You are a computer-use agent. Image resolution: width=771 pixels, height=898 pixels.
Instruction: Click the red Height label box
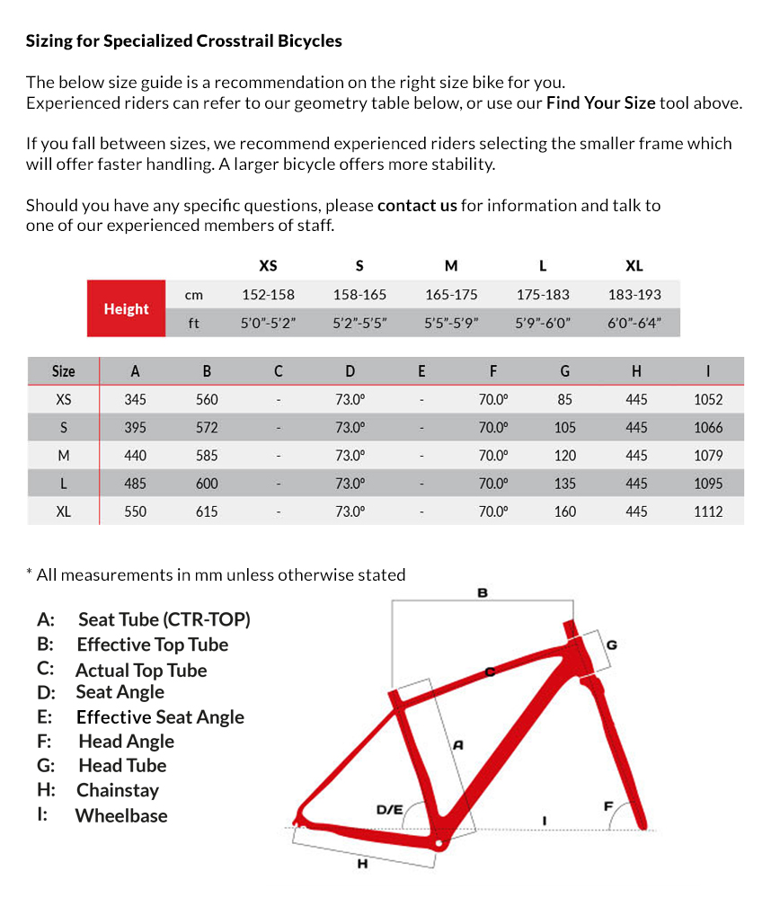coord(126,308)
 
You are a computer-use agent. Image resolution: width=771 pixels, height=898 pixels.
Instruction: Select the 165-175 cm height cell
coord(451,294)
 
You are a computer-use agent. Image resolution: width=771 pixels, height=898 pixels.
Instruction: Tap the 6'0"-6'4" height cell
coord(634,323)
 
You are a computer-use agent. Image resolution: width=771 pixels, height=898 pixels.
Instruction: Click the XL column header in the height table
coord(634,265)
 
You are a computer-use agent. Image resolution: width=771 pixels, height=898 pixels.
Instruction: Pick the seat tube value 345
coord(135,399)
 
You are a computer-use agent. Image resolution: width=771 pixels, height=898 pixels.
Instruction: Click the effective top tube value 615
coord(207,511)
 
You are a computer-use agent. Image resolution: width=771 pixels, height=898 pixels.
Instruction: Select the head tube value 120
coord(565,456)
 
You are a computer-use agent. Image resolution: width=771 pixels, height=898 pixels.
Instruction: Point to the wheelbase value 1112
coord(708,511)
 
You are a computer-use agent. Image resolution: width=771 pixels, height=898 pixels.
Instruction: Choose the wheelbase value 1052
coord(708,399)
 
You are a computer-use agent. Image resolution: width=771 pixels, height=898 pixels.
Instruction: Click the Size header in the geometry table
coord(63,371)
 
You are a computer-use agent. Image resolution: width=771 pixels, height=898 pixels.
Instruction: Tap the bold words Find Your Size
coord(600,102)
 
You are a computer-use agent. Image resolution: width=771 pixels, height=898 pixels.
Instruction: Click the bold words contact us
coord(417,205)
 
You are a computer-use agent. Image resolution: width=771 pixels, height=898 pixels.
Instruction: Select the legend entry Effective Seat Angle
coord(160,716)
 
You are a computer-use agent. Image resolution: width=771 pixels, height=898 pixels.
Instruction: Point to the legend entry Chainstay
coord(118,790)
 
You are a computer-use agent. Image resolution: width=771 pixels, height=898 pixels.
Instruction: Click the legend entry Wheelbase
coord(121,815)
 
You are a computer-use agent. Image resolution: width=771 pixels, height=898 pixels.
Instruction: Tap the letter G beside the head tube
coord(612,644)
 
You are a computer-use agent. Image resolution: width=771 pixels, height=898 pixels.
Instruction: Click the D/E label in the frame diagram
coord(389,809)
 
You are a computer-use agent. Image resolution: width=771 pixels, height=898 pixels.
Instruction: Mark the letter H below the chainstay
coord(362,864)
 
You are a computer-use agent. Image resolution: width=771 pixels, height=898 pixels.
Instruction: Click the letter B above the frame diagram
coord(483,592)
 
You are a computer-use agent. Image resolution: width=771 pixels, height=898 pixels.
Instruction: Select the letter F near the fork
coord(608,805)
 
